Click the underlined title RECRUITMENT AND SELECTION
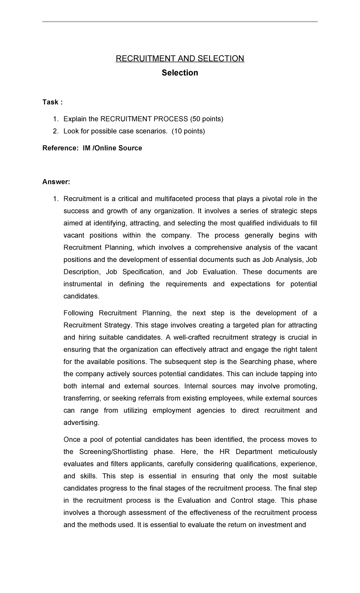tap(180, 58)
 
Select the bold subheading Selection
tap(180, 73)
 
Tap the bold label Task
tap(50, 102)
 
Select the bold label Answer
tap(56, 182)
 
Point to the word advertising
tap(81, 423)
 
